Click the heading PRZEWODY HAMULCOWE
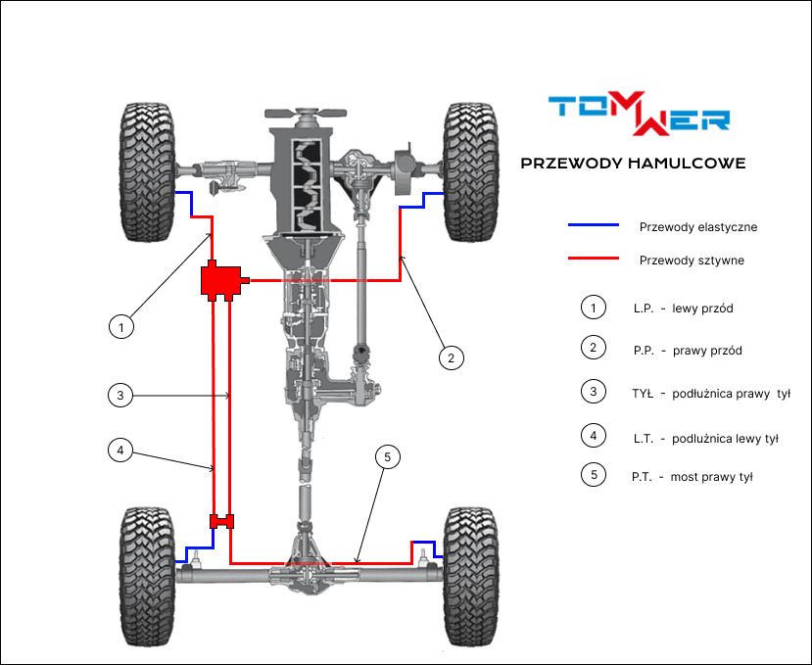tap(633, 164)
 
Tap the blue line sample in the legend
tap(595, 225)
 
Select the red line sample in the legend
tap(595, 260)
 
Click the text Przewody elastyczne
tap(697, 227)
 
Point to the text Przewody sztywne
tap(692, 261)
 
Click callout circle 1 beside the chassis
tap(120, 326)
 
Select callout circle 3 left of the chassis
tap(119, 395)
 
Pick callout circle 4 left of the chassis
tap(119, 451)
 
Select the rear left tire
tap(147, 577)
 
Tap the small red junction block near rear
tap(222, 522)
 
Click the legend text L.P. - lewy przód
tap(683, 309)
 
